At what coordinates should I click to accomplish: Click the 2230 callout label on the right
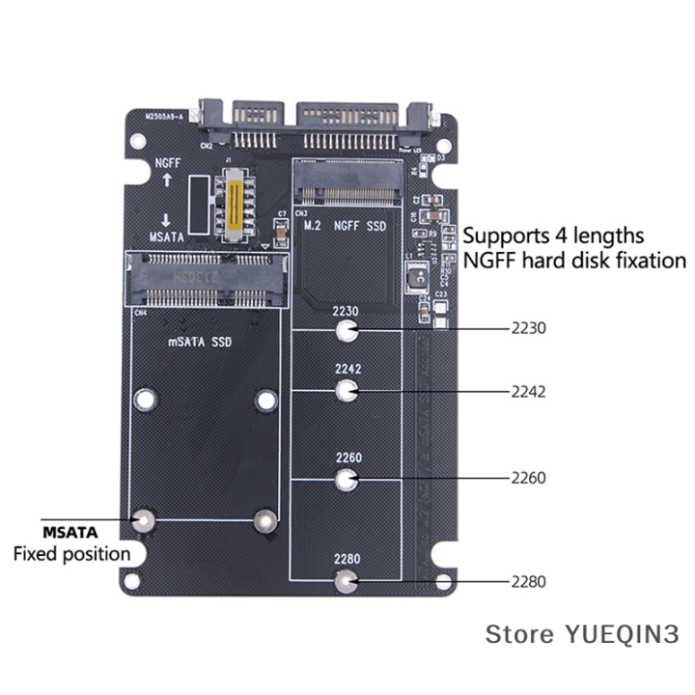[529, 328]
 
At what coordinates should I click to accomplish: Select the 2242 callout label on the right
[529, 391]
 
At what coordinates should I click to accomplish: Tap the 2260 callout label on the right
[529, 478]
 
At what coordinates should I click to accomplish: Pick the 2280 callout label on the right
[529, 582]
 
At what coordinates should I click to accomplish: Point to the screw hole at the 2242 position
[347, 391]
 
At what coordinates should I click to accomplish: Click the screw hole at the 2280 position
[347, 581]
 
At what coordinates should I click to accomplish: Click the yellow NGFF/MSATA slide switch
[233, 203]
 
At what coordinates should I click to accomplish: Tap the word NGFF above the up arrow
[166, 163]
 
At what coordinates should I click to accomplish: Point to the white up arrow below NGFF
[166, 181]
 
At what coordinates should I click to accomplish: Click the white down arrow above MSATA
[166, 218]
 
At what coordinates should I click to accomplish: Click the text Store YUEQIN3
[582, 634]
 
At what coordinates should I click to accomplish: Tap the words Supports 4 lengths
[553, 235]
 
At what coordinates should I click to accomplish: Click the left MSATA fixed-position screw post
[145, 520]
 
